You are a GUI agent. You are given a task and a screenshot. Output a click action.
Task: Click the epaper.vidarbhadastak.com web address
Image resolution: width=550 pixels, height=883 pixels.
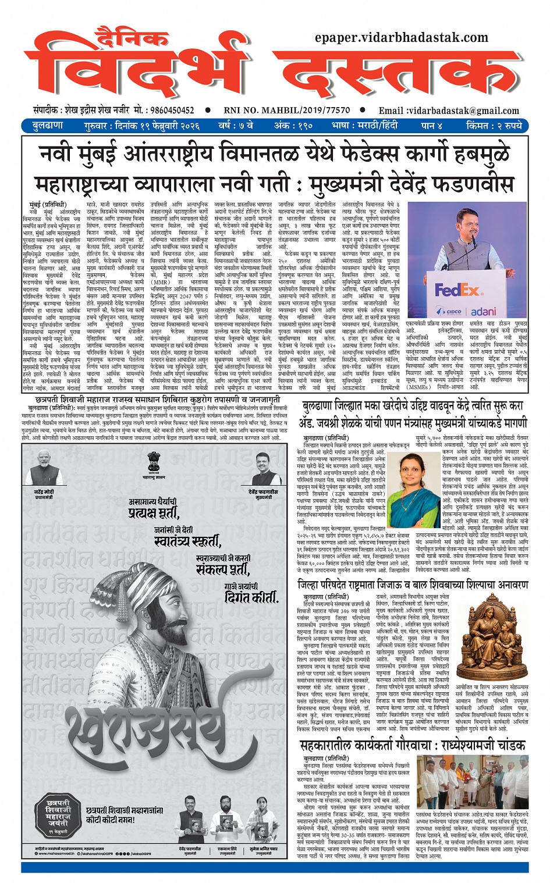coord(401,38)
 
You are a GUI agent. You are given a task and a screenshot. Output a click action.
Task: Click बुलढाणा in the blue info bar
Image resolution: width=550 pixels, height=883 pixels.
coord(48,126)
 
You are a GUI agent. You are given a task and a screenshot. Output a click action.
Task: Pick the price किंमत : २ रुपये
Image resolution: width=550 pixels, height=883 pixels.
coord(494,126)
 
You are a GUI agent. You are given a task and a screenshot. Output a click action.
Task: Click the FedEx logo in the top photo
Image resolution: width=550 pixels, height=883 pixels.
coord(459,289)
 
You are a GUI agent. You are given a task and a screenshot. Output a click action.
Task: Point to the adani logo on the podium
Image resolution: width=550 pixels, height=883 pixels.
coord(483,312)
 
